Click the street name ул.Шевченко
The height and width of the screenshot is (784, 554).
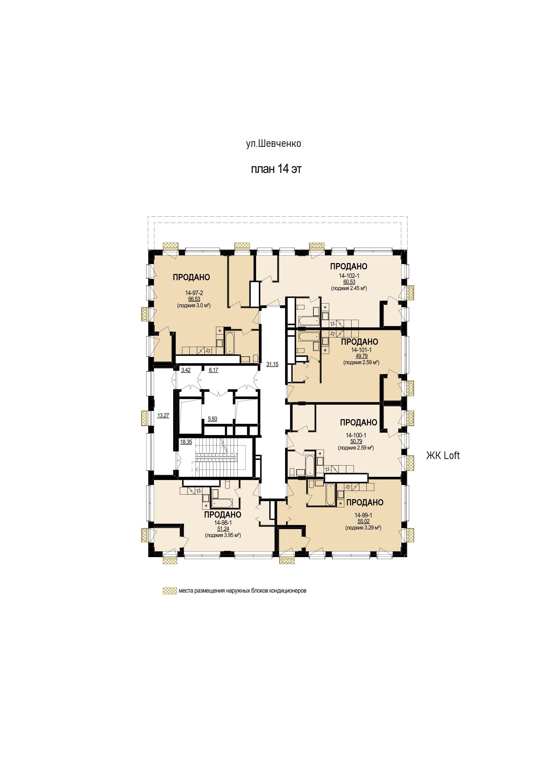274,144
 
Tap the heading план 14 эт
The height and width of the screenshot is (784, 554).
276,169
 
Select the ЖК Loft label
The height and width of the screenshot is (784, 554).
443,455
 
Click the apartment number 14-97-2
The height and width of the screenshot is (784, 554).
194,293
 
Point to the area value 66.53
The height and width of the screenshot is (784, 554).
194,299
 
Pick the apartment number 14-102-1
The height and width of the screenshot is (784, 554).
349,276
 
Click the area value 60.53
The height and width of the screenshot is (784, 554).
349,282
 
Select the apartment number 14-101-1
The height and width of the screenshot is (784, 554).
361,350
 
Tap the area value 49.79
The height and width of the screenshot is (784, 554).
361,356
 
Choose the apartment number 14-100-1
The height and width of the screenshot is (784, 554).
356,435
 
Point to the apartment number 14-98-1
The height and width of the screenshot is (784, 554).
223,523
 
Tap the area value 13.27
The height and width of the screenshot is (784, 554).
163,416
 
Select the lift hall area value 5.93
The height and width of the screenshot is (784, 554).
212,419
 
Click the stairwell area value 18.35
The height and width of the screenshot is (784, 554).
186,442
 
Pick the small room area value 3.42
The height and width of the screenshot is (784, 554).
186,370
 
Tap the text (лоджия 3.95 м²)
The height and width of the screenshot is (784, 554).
223,535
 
